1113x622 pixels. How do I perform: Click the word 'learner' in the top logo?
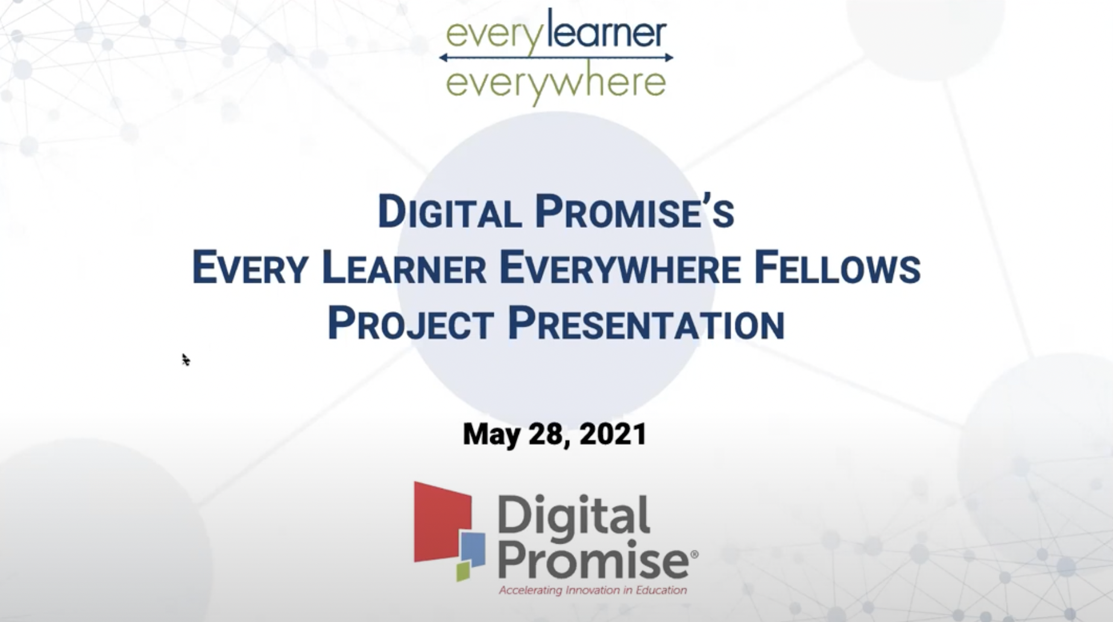click(607, 33)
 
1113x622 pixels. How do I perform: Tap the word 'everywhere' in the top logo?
click(555, 84)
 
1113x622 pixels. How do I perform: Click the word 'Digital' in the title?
click(449, 212)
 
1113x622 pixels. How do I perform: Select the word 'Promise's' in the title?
click(634, 212)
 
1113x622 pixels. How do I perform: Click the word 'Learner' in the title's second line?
click(403, 268)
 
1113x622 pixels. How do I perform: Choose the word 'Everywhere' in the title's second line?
click(620, 268)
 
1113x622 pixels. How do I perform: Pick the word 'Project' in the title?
click(411, 324)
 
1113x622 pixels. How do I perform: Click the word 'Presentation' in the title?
click(646, 324)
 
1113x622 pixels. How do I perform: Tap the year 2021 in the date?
click(613, 434)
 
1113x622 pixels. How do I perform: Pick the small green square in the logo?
click(462, 571)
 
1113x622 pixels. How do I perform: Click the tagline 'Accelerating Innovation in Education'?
click(593, 590)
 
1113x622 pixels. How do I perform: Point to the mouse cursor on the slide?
click(185, 359)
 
